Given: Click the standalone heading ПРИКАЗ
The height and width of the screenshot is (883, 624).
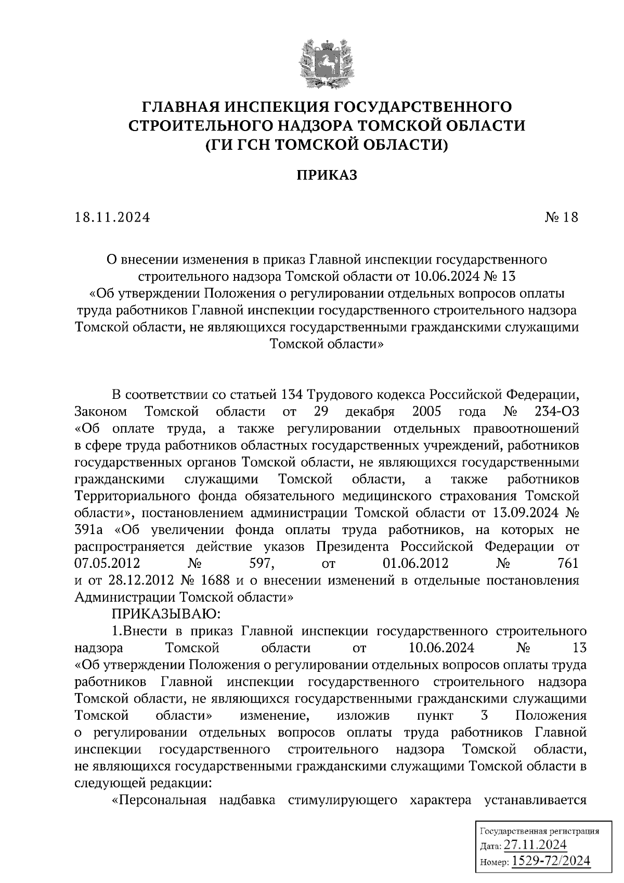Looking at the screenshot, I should (327, 175).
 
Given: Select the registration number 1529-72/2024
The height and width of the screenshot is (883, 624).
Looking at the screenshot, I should (551, 862).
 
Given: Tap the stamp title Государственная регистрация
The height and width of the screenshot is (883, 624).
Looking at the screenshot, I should (539, 831).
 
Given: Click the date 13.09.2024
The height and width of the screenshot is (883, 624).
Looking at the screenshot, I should (524, 513).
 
